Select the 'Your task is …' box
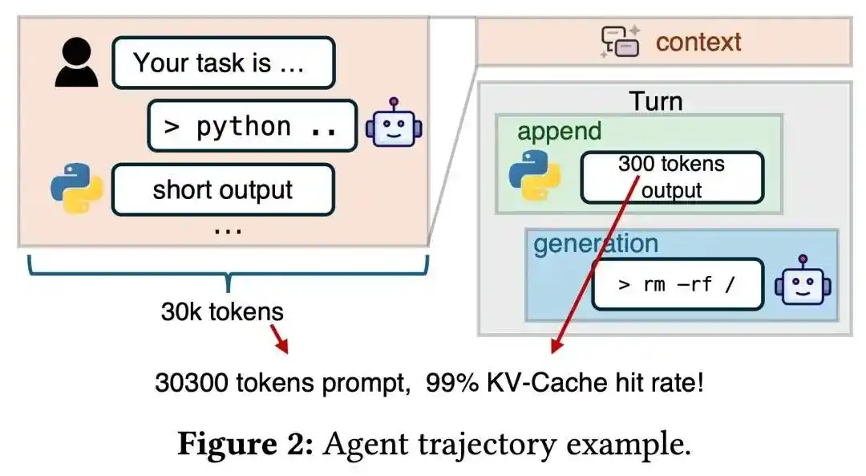pyautogui.click(x=223, y=63)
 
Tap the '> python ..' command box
pyautogui.click(x=252, y=126)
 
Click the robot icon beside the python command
pyautogui.click(x=394, y=124)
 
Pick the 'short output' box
pyautogui.click(x=222, y=190)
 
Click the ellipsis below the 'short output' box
pyautogui.click(x=229, y=230)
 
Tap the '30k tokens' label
pyautogui.click(x=222, y=312)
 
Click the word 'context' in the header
pyautogui.click(x=698, y=42)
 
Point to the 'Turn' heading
pyautogui.click(x=655, y=101)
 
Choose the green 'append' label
pyautogui.click(x=559, y=132)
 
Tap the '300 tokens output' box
pyautogui.click(x=671, y=177)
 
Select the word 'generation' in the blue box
pyautogui.click(x=595, y=243)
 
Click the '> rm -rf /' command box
pyautogui.click(x=677, y=284)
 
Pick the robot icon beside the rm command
pyautogui.click(x=803, y=282)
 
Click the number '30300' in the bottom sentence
pyautogui.click(x=192, y=382)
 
